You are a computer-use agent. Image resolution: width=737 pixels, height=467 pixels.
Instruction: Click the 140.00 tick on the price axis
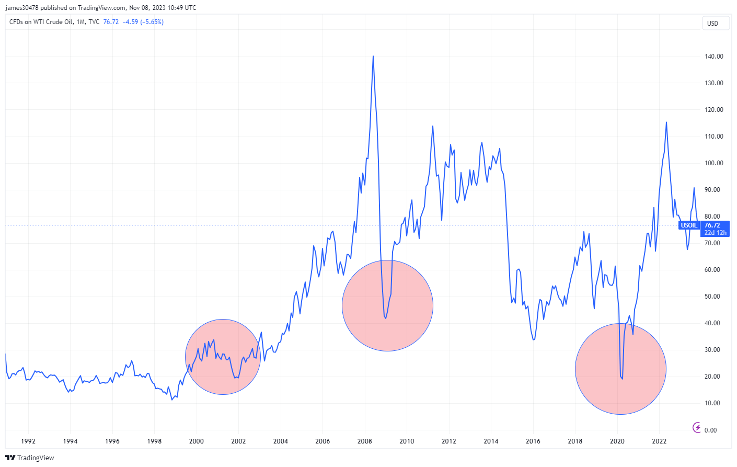click(713, 56)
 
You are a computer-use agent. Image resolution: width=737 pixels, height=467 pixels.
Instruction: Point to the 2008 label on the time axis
click(364, 441)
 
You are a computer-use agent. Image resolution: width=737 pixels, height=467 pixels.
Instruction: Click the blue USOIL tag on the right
click(688, 225)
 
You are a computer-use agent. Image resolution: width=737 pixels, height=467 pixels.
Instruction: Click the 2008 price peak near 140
click(373, 56)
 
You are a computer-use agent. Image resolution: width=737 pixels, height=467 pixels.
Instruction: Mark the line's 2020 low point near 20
click(622, 379)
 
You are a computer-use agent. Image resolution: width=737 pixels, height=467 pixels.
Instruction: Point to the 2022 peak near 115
click(666, 122)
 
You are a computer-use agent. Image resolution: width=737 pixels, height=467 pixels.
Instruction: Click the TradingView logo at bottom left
click(30, 458)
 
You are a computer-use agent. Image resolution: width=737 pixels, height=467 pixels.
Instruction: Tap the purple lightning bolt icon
click(697, 428)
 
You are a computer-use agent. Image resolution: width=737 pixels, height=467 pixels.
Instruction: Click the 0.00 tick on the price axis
click(710, 430)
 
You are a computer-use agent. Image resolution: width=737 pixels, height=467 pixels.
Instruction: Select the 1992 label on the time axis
click(28, 441)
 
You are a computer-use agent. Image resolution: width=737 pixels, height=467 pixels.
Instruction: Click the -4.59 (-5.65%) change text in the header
click(143, 22)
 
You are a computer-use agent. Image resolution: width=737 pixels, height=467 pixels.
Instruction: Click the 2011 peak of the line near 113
click(433, 126)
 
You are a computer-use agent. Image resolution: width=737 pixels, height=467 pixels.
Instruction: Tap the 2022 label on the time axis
click(659, 441)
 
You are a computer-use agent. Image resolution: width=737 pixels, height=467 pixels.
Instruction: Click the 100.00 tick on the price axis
click(713, 163)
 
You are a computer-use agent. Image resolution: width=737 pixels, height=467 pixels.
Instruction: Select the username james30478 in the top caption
click(23, 8)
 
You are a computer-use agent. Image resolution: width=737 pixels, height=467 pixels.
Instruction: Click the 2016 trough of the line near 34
click(534, 340)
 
